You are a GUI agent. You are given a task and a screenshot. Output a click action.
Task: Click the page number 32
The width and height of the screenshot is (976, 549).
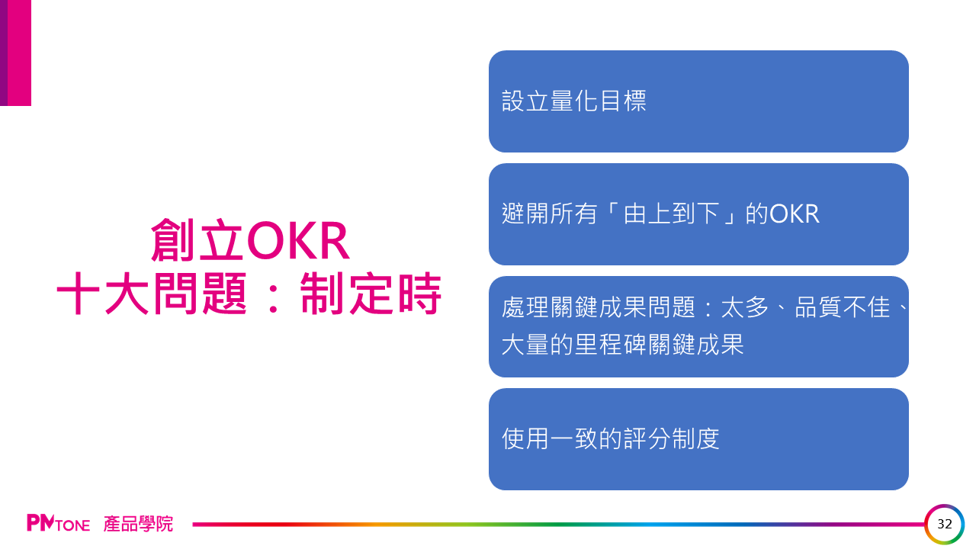[945, 524]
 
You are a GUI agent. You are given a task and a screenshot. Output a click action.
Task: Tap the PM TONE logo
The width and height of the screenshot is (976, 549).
[59, 523]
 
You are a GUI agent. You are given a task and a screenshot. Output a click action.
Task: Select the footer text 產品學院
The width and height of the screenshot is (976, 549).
[138, 524]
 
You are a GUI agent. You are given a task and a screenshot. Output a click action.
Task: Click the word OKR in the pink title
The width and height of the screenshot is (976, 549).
[298, 240]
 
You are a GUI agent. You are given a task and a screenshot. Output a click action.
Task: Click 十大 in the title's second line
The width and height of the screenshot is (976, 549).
[103, 294]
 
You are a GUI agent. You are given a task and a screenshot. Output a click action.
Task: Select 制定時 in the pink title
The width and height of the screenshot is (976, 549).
[371, 294]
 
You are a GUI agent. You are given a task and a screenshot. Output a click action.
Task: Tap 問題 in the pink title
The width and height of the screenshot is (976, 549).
[201, 294]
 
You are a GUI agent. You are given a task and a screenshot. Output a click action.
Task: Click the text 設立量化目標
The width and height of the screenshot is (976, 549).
[574, 101]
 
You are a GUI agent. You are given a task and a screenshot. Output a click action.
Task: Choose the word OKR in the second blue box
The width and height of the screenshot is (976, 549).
[795, 214]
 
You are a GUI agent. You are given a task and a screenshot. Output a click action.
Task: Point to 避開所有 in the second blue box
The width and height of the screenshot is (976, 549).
[549, 214]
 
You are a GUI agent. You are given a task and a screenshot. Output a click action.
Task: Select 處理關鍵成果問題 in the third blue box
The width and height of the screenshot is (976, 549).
[599, 307]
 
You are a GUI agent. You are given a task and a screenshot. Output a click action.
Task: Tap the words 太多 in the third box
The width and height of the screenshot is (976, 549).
[745, 307]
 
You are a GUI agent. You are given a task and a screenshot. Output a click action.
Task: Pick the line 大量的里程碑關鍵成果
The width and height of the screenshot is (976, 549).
[623, 345]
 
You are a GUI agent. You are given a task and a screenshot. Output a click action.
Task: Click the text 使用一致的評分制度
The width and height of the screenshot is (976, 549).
[611, 438]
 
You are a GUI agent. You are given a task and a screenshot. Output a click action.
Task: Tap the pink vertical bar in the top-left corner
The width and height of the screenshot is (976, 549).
[20, 53]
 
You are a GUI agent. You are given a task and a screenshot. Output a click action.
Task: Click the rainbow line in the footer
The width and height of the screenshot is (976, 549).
[559, 524]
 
